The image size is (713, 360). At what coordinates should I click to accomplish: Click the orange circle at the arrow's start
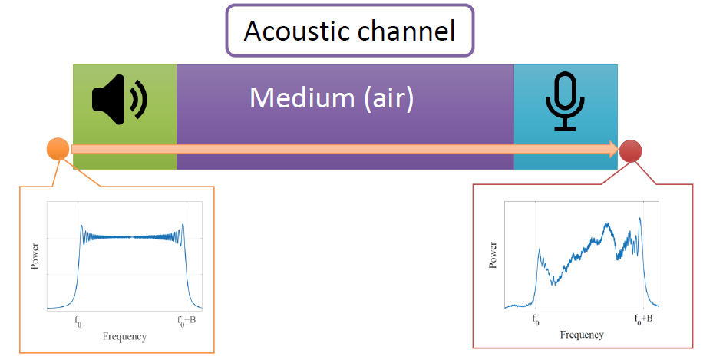pyautogui.click(x=58, y=149)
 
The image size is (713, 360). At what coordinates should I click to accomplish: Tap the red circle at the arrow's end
pyautogui.click(x=631, y=151)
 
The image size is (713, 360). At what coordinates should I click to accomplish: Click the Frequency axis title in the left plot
pyautogui.click(x=124, y=336)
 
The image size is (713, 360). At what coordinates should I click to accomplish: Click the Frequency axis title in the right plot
pyautogui.click(x=581, y=335)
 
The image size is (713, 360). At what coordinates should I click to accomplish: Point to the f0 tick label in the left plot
pyautogui.click(x=78, y=322)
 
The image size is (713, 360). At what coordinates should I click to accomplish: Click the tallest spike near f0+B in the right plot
pyautogui.click(x=639, y=220)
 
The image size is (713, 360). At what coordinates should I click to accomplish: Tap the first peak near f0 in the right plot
pyautogui.click(x=540, y=250)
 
